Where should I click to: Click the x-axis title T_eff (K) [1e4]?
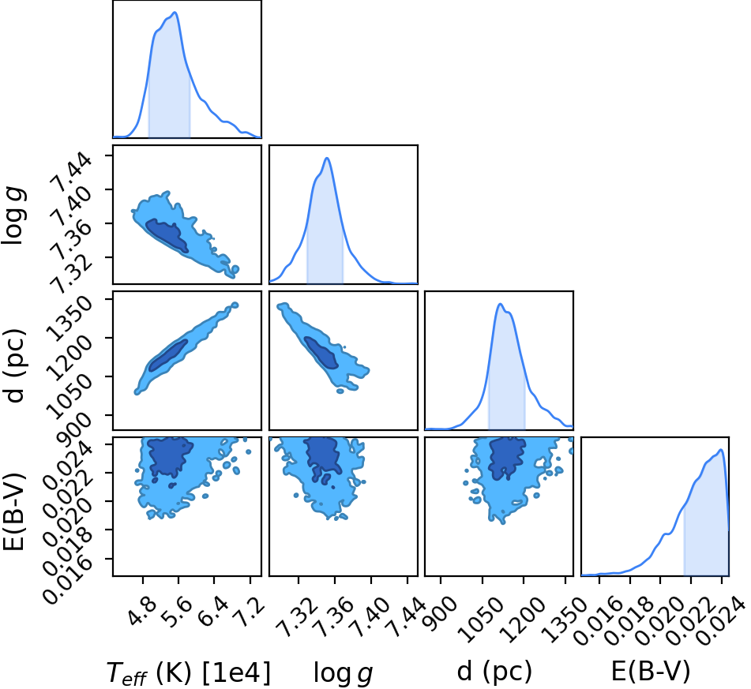tap(189, 672)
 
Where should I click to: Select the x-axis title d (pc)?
tap(494, 672)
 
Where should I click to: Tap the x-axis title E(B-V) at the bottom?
tap(651, 672)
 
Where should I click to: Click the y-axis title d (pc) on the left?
tap(14, 365)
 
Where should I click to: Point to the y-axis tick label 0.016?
tap(68, 580)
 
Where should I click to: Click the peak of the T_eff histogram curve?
tap(175, 13)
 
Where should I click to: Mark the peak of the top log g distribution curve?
tap(327, 158)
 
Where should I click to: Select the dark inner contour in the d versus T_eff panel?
tap(167, 355)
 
